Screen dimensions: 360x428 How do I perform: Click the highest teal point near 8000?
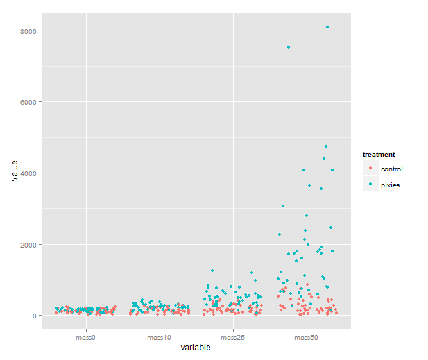click(x=327, y=27)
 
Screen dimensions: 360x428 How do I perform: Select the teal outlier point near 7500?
click(x=288, y=47)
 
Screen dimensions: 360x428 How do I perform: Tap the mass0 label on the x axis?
click(x=86, y=337)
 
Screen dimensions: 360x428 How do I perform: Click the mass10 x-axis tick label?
click(x=160, y=337)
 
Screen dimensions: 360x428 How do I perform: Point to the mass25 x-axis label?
click(x=233, y=337)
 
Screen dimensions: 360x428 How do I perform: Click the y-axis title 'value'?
click(x=14, y=172)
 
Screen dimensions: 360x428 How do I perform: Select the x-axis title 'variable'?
click(x=196, y=348)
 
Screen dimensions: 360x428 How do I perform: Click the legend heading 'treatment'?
click(x=379, y=154)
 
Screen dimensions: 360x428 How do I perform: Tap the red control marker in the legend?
click(x=370, y=169)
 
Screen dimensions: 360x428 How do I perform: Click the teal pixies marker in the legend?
click(x=370, y=185)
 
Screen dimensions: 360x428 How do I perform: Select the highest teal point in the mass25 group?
click(x=212, y=271)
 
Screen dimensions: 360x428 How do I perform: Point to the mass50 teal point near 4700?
click(x=325, y=146)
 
